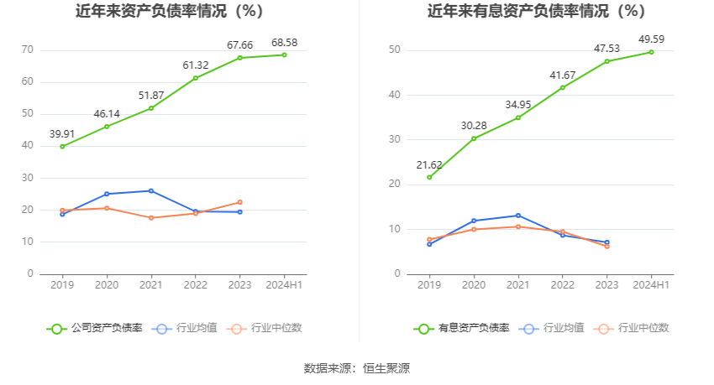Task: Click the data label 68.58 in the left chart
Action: (x=284, y=42)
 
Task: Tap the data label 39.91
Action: (x=62, y=133)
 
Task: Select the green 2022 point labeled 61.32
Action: (x=195, y=78)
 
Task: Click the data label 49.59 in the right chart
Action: (x=651, y=39)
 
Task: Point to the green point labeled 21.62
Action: (x=429, y=177)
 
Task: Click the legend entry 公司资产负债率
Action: (x=94, y=328)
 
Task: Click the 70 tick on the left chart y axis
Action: (x=28, y=49)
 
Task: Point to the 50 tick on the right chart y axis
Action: (x=394, y=50)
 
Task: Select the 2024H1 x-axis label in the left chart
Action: (x=284, y=285)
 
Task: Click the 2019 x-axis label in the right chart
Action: (x=429, y=285)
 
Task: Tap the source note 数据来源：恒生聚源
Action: (x=357, y=368)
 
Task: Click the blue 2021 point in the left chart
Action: (x=150, y=190)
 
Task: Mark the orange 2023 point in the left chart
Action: (x=239, y=202)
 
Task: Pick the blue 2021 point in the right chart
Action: (x=518, y=216)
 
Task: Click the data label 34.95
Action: (x=517, y=104)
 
